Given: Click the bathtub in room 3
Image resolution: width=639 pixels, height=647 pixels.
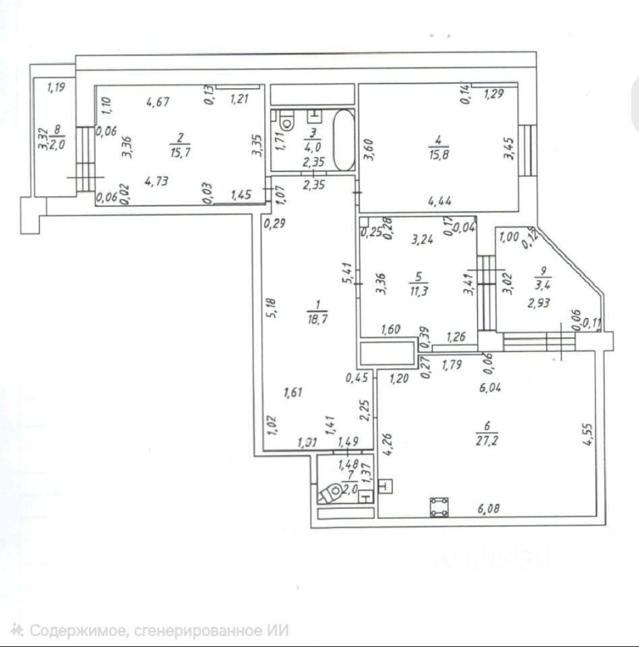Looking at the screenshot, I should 343,140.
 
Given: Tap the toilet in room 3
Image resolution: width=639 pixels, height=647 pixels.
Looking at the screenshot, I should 288,121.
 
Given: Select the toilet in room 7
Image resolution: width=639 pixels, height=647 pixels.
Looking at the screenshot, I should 331,494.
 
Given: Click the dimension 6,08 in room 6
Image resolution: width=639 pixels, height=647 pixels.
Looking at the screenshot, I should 491,510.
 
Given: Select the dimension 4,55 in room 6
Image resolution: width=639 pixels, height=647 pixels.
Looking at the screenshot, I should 588,433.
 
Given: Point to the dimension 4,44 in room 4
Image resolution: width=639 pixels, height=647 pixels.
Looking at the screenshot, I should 440,200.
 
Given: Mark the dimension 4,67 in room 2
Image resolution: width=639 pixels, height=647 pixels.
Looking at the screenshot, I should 157,102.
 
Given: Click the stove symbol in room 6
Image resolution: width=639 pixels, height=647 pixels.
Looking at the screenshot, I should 439,507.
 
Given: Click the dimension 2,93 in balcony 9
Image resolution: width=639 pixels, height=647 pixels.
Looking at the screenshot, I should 541,303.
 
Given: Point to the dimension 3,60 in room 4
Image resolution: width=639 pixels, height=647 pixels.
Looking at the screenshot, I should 368,148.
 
